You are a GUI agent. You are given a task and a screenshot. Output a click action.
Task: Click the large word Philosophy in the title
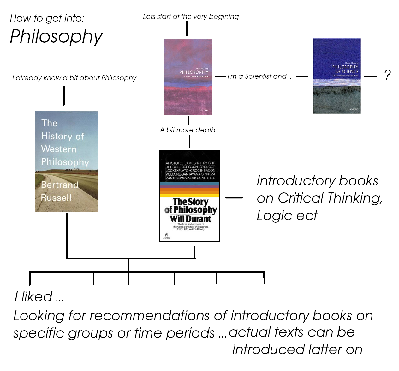click(57, 37)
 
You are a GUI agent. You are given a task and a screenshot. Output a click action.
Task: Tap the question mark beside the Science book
click(387, 75)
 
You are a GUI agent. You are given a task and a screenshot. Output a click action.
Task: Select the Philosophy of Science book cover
click(337, 76)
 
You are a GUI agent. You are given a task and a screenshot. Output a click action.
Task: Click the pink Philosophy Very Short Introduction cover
click(188, 77)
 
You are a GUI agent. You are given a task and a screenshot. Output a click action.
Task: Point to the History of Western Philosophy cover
click(66, 161)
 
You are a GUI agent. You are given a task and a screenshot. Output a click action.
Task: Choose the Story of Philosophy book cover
click(189, 196)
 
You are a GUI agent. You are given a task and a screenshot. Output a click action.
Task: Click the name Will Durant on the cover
click(190, 219)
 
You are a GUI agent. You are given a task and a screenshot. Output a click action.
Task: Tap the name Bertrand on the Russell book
click(60, 185)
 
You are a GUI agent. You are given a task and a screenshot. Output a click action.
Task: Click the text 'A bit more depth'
click(188, 130)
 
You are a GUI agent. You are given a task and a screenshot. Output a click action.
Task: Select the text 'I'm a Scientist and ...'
click(260, 76)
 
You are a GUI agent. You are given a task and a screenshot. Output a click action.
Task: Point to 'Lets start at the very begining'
click(191, 16)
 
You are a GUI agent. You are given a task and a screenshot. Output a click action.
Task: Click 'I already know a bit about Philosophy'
click(74, 78)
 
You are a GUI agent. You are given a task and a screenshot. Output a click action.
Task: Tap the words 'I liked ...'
click(39, 297)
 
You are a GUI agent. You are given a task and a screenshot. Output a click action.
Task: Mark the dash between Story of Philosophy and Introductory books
click(234, 198)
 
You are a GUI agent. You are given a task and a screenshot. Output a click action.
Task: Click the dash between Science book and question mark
click(370, 76)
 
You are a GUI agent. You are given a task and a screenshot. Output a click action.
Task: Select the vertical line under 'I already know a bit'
click(64, 95)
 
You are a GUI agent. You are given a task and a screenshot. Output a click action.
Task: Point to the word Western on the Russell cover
click(59, 149)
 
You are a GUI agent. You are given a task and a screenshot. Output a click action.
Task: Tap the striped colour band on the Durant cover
click(190, 190)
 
